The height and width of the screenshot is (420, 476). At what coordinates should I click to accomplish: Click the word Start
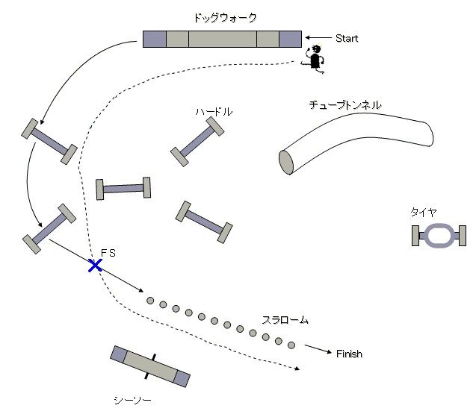coord(347,38)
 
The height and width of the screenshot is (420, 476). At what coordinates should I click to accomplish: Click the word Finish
coord(349,354)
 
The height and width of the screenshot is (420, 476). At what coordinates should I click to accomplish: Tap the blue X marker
coord(95,265)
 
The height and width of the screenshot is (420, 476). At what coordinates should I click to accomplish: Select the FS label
coord(108,254)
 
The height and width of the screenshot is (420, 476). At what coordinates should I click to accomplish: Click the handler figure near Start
coord(315,59)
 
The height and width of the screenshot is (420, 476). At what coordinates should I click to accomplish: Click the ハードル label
coord(214,111)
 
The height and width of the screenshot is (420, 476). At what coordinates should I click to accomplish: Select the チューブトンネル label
coord(344,105)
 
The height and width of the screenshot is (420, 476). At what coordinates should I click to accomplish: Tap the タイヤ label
coord(423,211)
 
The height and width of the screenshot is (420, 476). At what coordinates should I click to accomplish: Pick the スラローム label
coord(285,320)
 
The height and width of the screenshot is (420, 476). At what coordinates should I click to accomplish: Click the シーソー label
coord(132,401)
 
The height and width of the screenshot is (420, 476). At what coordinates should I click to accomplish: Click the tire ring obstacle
coord(440,236)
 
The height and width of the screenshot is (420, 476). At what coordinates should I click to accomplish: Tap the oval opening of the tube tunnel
coord(285,161)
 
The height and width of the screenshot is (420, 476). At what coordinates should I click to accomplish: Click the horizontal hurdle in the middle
coord(123,188)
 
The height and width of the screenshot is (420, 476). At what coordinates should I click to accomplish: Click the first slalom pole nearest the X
coord(150,301)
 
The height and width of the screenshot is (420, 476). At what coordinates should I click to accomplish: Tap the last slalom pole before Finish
coord(291,345)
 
